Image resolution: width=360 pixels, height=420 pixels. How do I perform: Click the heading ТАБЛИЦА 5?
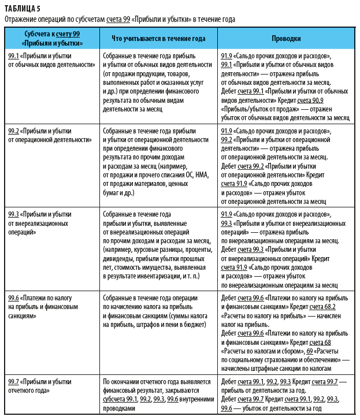[24, 8]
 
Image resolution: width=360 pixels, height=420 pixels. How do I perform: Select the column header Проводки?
[285, 39]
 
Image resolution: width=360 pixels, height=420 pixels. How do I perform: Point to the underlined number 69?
[309, 351]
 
